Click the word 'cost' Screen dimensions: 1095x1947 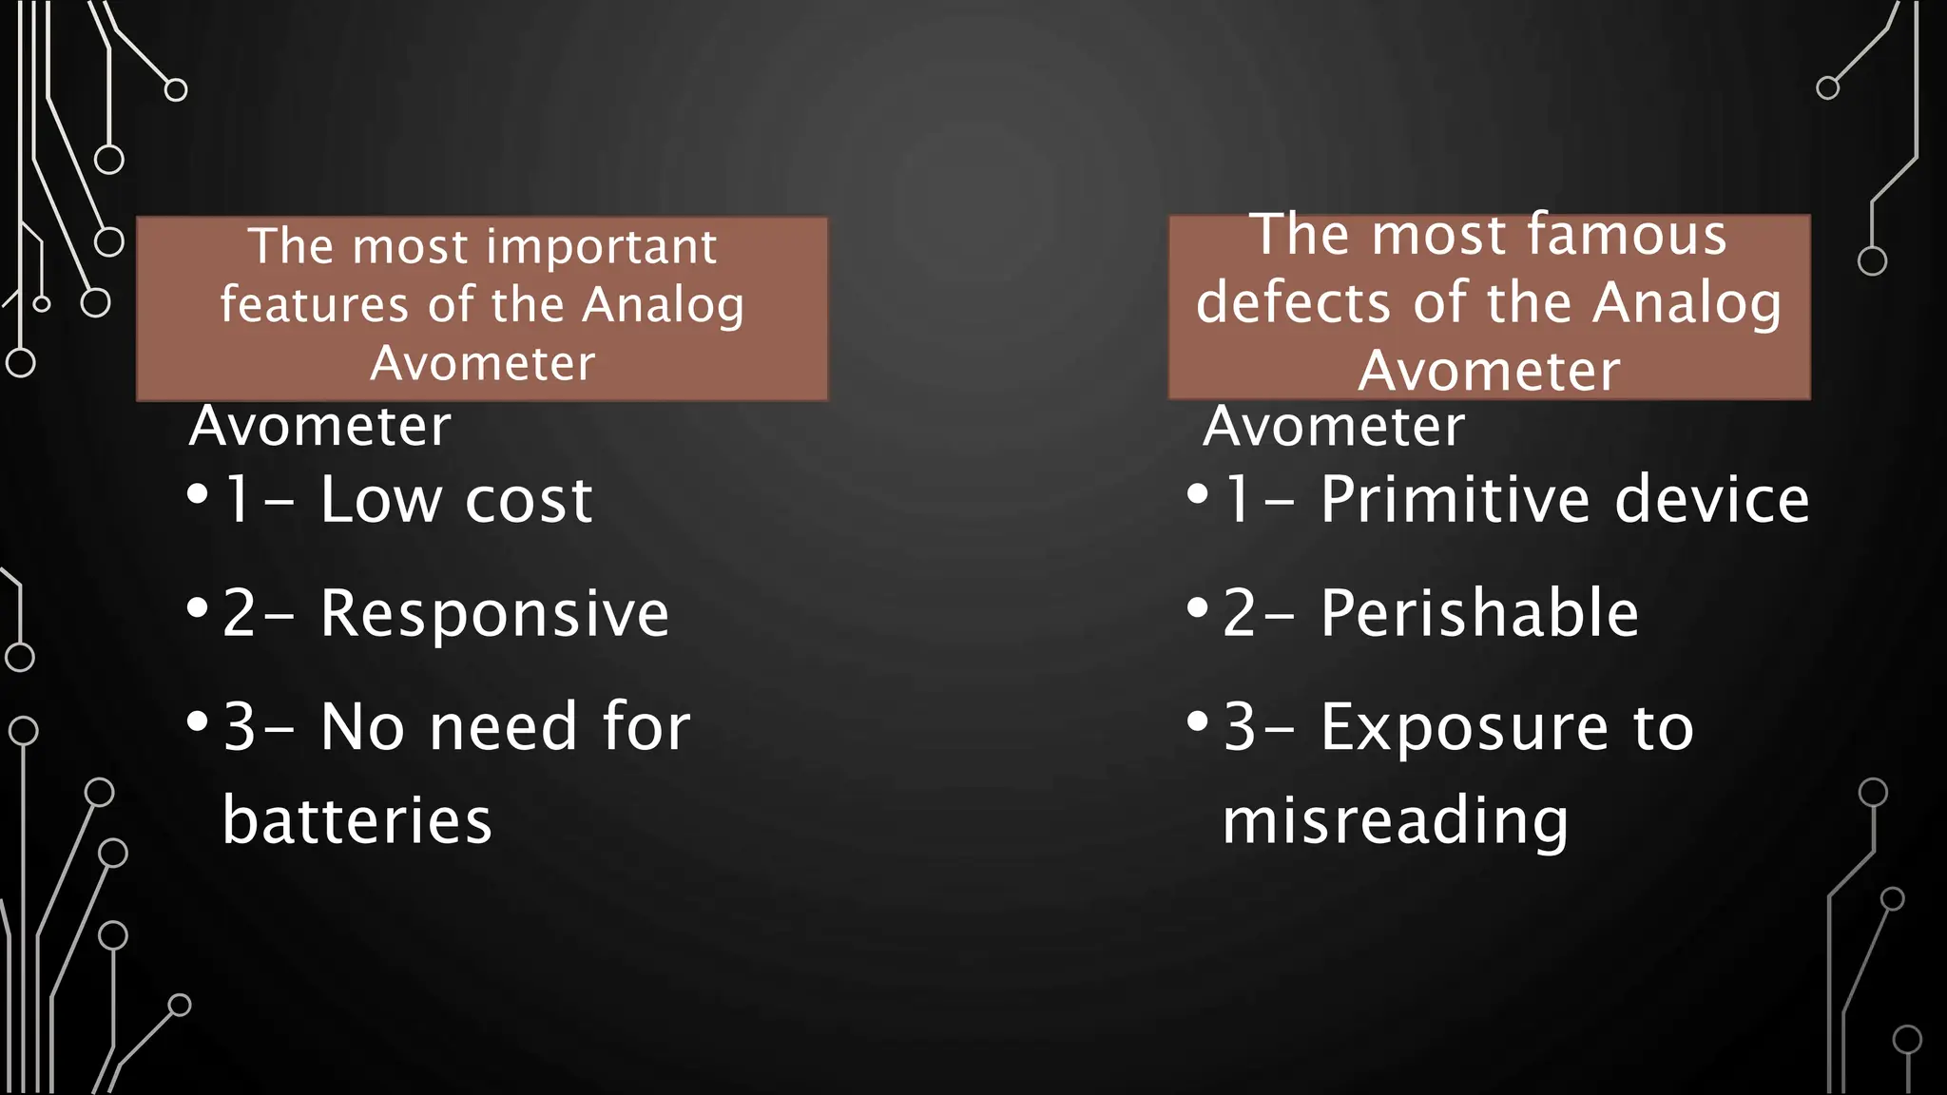529,502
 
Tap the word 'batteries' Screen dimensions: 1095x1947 357,820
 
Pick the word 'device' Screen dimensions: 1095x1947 1711,500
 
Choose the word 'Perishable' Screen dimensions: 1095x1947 1479,613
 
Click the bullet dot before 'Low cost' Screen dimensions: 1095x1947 198,493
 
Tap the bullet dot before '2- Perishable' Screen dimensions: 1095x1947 1198,606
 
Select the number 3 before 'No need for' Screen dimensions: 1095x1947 240,728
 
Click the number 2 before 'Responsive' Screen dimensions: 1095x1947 240,614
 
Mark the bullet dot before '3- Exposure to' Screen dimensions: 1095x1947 1198,720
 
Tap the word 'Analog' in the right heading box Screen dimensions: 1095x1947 1687,303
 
